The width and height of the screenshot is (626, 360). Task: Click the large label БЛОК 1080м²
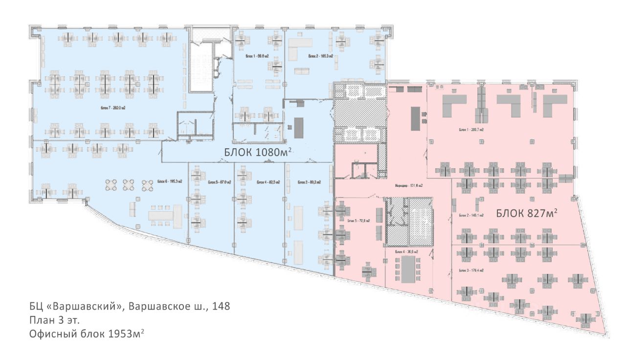pos(258,153)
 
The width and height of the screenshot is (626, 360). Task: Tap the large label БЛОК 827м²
pos(527,213)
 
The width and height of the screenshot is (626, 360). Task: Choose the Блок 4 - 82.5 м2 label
pos(268,182)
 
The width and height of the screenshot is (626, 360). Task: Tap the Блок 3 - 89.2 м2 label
pos(310,182)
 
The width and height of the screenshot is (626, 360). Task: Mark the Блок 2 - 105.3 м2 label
pos(321,57)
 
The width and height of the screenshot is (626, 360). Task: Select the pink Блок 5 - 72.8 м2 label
pos(358,221)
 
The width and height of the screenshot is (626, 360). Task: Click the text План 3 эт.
pos(53,320)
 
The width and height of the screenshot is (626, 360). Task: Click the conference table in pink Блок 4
pos(407,270)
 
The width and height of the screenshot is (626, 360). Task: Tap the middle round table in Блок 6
pos(128,185)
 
